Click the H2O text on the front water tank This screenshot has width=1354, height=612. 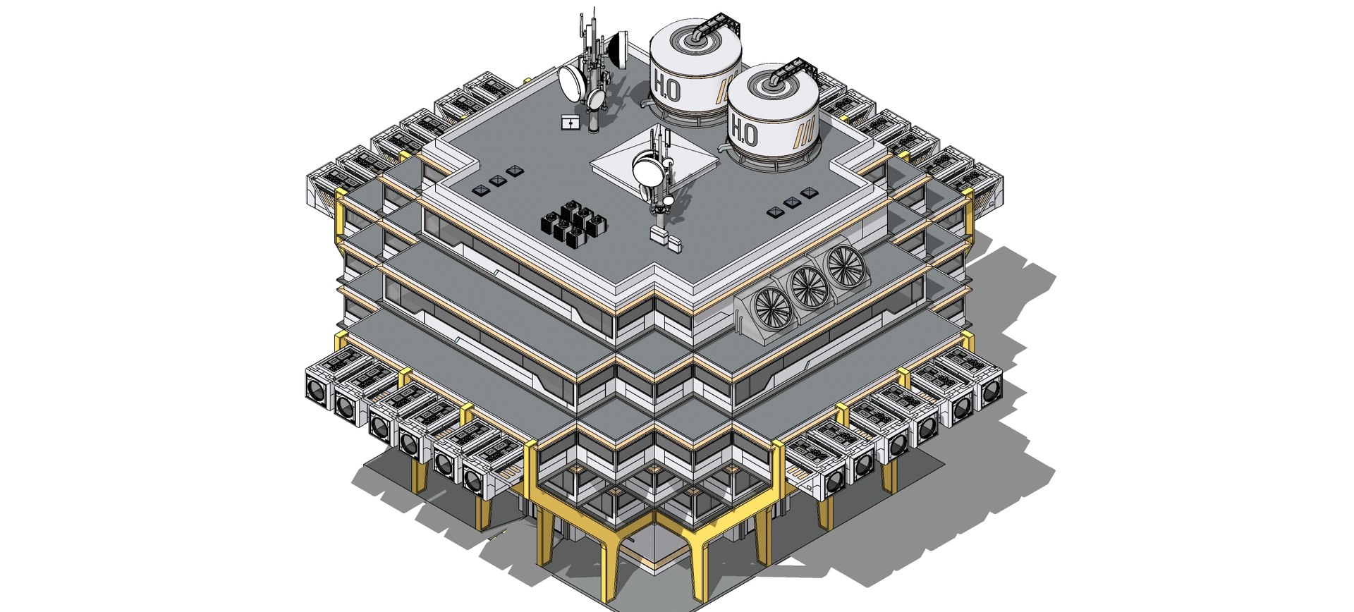pos(744,132)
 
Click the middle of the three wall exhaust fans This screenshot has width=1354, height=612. pos(809,287)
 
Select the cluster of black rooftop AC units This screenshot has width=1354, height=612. pos(573,224)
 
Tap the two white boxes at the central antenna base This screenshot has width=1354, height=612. pos(665,238)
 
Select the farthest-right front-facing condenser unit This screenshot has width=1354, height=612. pos(990,391)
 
